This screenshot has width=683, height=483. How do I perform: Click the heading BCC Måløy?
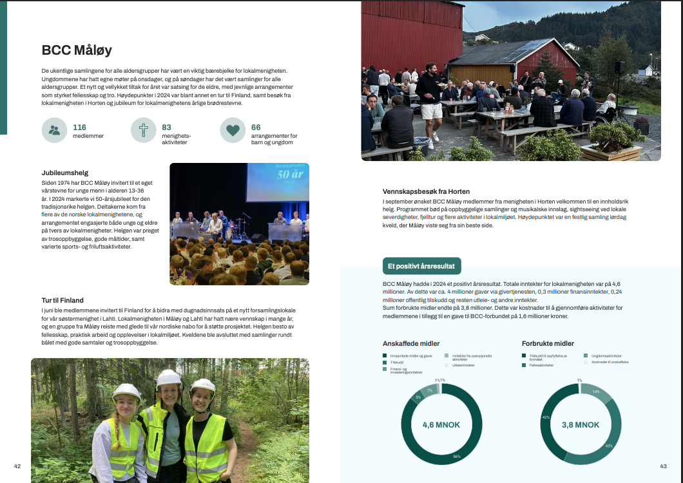pyautogui.click(x=77, y=50)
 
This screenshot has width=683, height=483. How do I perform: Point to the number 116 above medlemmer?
pyautogui.click(x=79, y=128)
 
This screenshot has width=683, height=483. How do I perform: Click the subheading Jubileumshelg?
pyautogui.click(x=64, y=173)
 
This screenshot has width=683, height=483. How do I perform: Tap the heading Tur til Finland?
pyautogui.click(x=63, y=300)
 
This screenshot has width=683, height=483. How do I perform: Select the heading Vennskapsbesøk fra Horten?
pyautogui.click(x=426, y=191)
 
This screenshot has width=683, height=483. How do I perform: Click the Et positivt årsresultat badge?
pyautogui.click(x=420, y=265)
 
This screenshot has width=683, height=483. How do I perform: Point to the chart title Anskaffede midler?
pyautogui.click(x=411, y=343)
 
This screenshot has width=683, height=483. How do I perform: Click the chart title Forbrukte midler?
pyautogui.click(x=548, y=343)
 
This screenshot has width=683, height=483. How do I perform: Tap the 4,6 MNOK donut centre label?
pyautogui.click(x=441, y=425)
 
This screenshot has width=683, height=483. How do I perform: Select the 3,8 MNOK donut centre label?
pyautogui.click(x=581, y=425)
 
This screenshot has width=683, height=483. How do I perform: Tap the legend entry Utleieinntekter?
pyautogui.click(x=463, y=365)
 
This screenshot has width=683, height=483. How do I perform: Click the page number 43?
pyautogui.click(x=663, y=466)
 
